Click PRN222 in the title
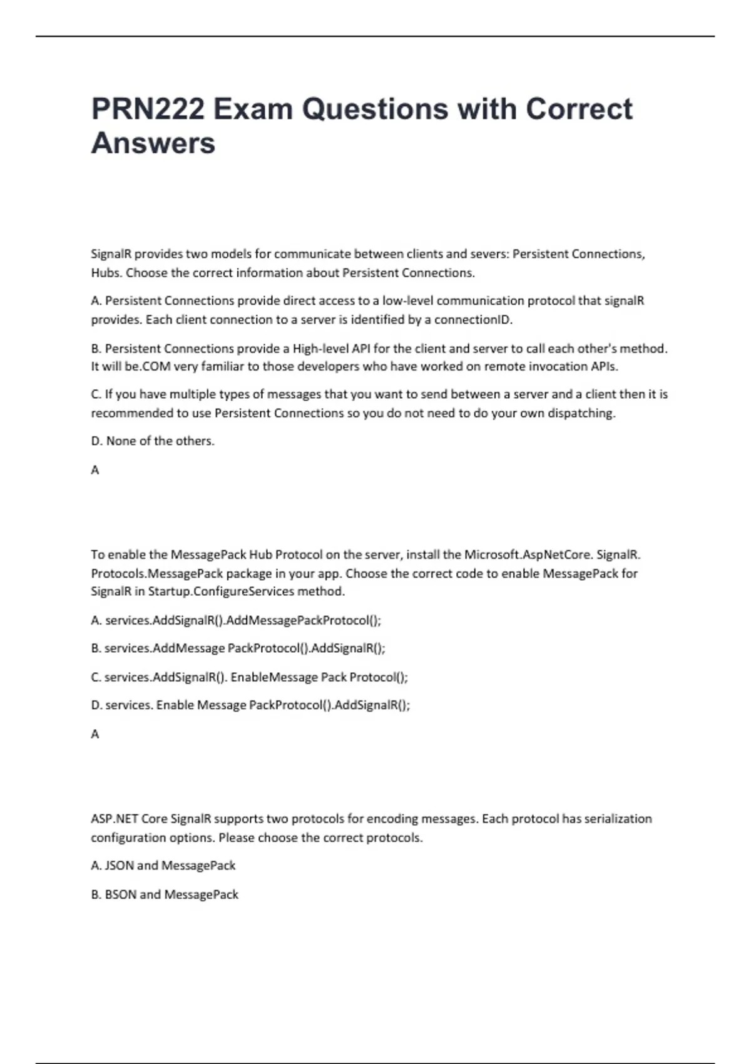tap(148, 109)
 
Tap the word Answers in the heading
tap(153, 143)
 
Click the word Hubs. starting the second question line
tap(106, 273)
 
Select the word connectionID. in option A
tap(473, 320)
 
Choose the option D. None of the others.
tap(153, 441)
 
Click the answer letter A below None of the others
tap(95, 470)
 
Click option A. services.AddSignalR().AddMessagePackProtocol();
tap(236, 620)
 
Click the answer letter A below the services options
tap(95, 734)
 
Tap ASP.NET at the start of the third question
tap(114, 819)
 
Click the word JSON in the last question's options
tap(119, 866)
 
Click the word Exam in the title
tap(253, 109)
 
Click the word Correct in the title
tap(579, 109)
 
